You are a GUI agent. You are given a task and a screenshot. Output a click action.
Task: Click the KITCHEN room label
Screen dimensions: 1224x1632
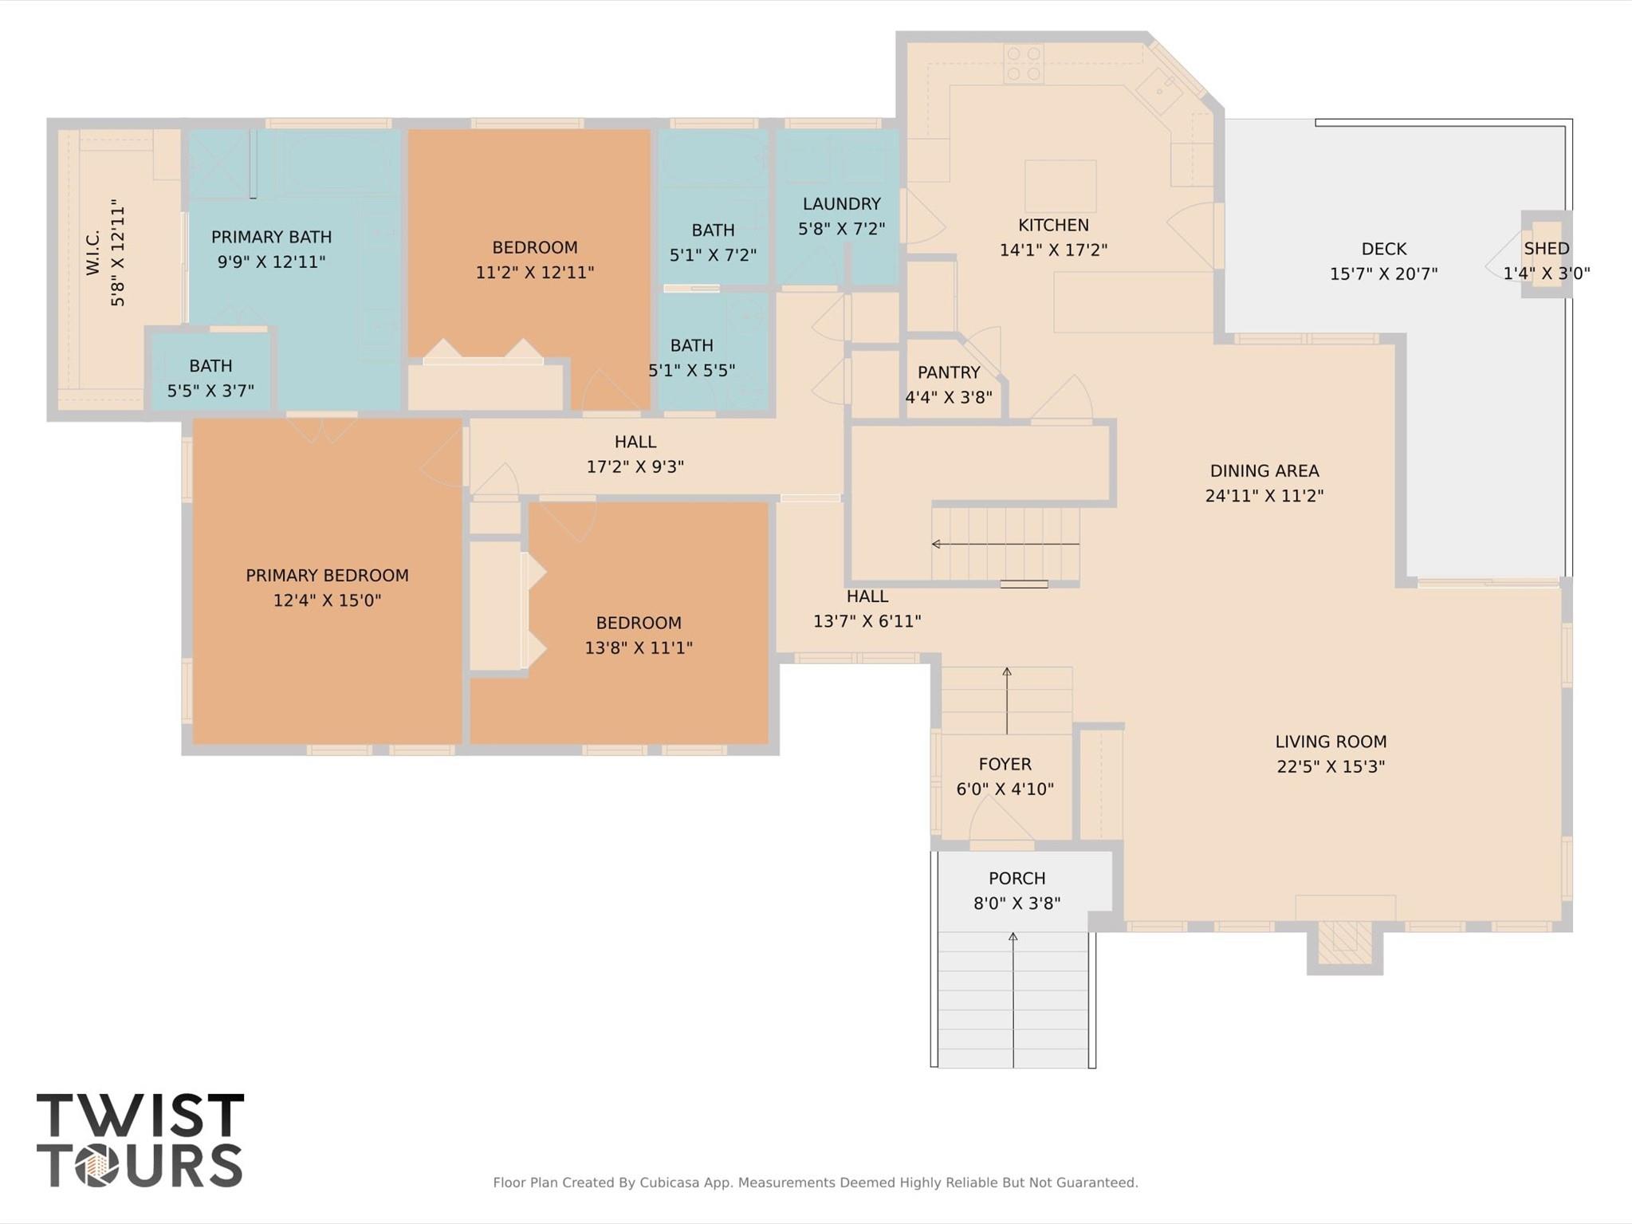pos(1052,226)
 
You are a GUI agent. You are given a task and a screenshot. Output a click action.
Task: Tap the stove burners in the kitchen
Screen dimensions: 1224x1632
pos(1024,64)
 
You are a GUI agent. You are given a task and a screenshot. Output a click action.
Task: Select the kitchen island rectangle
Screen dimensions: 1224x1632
pos(1060,186)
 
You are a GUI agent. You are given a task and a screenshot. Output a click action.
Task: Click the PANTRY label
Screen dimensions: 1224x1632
pos(948,372)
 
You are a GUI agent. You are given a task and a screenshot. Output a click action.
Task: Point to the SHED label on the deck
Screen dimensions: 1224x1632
pos(1546,249)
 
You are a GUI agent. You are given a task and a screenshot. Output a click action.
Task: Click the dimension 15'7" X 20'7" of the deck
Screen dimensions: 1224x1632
pos(1383,274)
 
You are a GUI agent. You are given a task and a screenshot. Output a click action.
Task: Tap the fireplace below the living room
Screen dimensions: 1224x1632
pos(1344,947)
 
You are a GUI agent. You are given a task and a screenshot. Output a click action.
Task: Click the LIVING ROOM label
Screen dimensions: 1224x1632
pos(1330,742)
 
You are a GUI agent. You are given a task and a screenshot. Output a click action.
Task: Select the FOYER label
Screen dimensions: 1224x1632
pos(1005,764)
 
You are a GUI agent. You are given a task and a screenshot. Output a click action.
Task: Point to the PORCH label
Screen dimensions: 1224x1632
pos(1017,879)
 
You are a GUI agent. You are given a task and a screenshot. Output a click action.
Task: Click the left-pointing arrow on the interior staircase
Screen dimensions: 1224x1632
pos(937,544)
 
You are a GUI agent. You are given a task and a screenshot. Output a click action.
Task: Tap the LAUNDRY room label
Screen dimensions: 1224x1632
pos(841,204)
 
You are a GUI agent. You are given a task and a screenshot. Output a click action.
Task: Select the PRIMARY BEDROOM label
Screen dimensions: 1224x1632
pos(327,576)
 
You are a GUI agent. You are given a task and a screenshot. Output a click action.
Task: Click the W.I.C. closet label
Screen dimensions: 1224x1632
pos(93,252)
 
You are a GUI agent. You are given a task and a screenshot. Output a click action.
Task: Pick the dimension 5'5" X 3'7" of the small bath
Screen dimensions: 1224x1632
pos(210,391)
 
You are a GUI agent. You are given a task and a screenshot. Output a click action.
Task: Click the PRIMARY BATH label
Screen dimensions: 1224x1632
pos(271,237)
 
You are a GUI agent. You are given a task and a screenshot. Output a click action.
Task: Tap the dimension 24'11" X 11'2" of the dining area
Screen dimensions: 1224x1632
pos(1264,496)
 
